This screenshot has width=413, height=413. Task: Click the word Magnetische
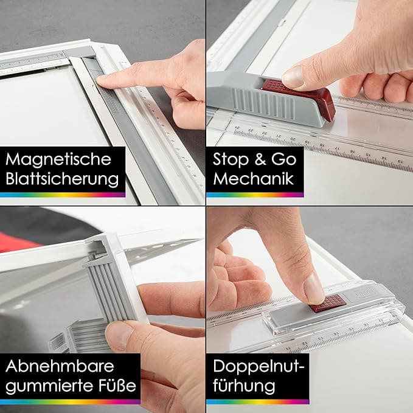pyautogui.click(x=58, y=159)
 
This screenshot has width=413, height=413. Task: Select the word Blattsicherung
pyautogui.click(x=62, y=179)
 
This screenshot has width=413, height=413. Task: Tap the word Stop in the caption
pyautogui.click(x=231, y=159)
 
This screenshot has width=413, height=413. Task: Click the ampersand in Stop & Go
pyautogui.click(x=260, y=159)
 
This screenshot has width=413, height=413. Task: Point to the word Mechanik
pyautogui.click(x=254, y=179)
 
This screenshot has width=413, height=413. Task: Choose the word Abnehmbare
pyautogui.click(x=60, y=366)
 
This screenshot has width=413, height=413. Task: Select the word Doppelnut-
pyautogui.click(x=259, y=367)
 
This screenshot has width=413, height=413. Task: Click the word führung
pyautogui.click(x=244, y=386)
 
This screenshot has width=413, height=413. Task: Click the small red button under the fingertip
pyautogui.click(x=327, y=304)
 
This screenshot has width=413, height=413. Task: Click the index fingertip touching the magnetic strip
pyautogui.click(x=103, y=81)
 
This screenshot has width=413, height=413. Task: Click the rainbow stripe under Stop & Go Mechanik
pyautogui.click(x=255, y=195)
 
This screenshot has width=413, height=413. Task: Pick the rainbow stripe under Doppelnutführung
pyautogui.click(x=258, y=401)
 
